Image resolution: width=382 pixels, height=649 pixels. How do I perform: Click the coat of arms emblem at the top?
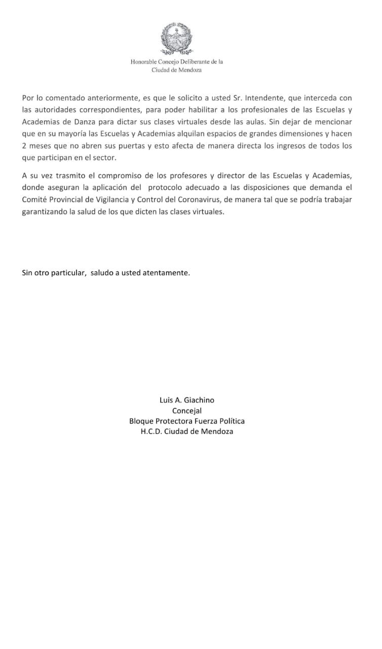[176, 39]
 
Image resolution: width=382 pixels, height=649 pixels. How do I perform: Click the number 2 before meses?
[24, 146]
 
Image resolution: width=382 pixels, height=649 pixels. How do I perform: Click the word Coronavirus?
[197, 200]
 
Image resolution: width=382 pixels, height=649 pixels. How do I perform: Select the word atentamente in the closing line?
[165, 273]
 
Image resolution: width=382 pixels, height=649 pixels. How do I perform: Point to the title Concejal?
[187, 411]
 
